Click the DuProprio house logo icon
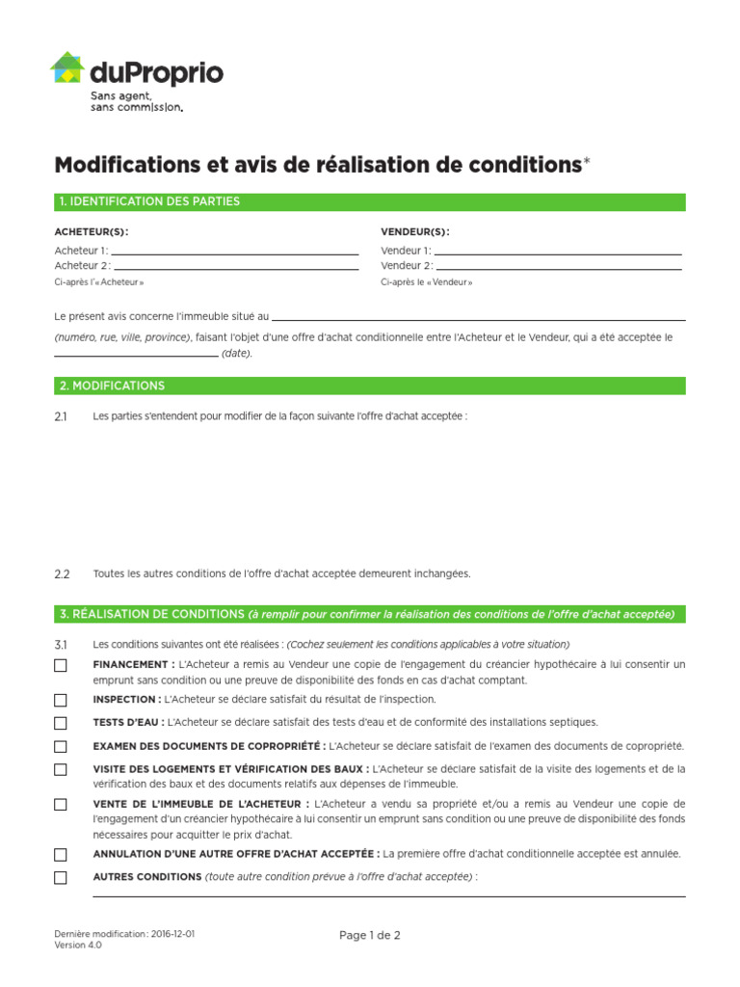click(x=67, y=68)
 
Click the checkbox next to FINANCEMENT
click(x=61, y=665)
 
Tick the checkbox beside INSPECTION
click(x=61, y=700)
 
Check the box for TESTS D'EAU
click(x=61, y=723)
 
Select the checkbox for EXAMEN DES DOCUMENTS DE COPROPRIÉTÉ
click(x=61, y=746)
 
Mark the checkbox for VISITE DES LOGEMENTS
click(x=61, y=769)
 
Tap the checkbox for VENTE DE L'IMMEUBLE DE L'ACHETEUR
click(x=61, y=804)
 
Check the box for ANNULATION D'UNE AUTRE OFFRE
click(x=61, y=854)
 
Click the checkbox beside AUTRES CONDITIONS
click(x=61, y=877)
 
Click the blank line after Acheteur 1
click(x=235, y=253)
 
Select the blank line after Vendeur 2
click(x=559, y=268)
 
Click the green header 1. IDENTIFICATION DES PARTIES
click(x=370, y=201)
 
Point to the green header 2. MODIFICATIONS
click(x=370, y=386)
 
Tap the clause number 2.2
click(x=63, y=574)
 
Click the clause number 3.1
click(x=63, y=644)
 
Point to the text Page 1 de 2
click(x=369, y=935)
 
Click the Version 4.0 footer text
click(x=78, y=946)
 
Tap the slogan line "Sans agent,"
click(x=120, y=96)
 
